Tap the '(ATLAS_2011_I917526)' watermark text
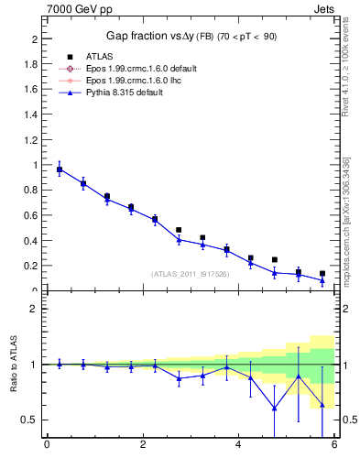(x=191, y=273)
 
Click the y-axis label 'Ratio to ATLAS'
(x=13, y=365)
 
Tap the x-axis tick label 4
(x=239, y=446)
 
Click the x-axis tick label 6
(x=335, y=446)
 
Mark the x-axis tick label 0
(x=47, y=446)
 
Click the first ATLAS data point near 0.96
(x=60, y=169)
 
